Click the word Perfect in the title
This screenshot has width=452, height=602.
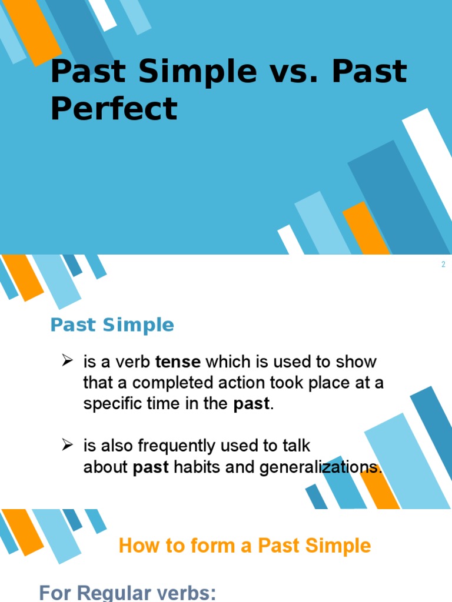coord(114,109)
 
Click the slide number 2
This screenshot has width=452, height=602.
coord(443,265)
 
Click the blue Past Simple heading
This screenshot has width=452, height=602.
coord(112,325)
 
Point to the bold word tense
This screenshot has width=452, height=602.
coord(178,362)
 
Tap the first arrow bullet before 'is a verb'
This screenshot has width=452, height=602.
coord(67,360)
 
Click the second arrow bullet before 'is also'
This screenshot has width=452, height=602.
coord(67,445)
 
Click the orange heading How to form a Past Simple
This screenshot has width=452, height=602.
coord(244,546)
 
